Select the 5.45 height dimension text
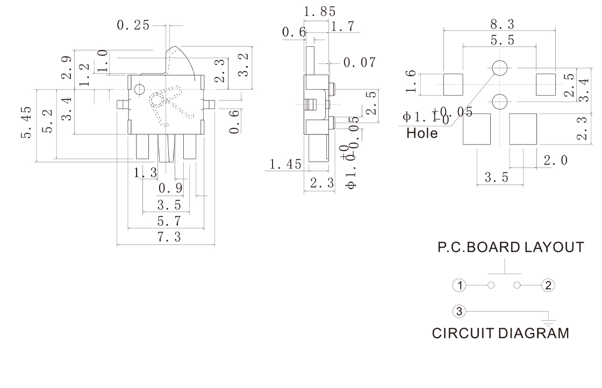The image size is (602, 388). pos(26,121)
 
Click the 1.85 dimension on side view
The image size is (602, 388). pos(320,11)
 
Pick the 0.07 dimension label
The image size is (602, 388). pos(360,63)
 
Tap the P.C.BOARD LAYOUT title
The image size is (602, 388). pos(510,248)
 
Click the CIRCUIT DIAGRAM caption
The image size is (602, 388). pos(500,333)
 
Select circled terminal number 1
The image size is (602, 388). pos(458,285)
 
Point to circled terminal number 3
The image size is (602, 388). pos(458,311)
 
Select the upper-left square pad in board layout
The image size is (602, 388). pos(453,83)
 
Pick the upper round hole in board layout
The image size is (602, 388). pos(500,68)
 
